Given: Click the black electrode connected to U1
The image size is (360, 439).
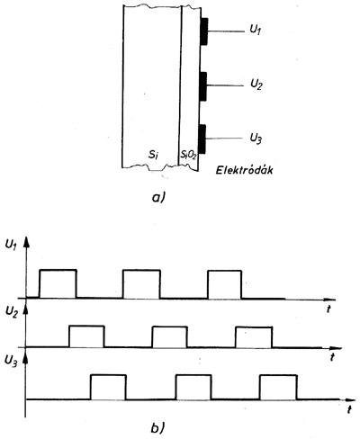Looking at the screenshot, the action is pyautogui.click(x=204, y=31).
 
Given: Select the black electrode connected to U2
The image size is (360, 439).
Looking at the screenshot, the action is pyautogui.click(x=203, y=86).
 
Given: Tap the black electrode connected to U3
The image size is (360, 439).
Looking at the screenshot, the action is pyautogui.click(x=202, y=139).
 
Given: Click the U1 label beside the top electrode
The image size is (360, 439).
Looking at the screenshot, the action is pyautogui.click(x=255, y=31).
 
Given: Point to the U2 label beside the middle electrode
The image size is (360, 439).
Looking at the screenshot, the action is pyautogui.click(x=256, y=85).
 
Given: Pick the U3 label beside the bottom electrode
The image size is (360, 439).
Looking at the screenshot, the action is pyautogui.click(x=256, y=139).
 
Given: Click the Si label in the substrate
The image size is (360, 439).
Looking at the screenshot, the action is pyautogui.click(x=153, y=155).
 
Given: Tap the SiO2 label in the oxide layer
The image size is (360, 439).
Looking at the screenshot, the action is pyautogui.click(x=188, y=155).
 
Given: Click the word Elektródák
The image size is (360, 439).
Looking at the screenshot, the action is pyautogui.click(x=245, y=170).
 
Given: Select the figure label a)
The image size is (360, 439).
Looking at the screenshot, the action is pyautogui.click(x=159, y=198).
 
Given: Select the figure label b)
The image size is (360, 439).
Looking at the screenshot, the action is pyautogui.click(x=157, y=428).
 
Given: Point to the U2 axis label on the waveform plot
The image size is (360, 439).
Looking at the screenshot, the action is pyautogui.click(x=12, y=312).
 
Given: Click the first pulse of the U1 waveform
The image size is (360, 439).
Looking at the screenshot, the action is pyautogui.click(x=58, y=270).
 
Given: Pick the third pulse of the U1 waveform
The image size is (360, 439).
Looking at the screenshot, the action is pyautogui.click(x=225, y=271).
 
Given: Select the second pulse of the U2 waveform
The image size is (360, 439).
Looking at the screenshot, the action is pyautogui.click(x=169, y=327).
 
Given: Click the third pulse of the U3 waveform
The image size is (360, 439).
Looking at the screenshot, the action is pyautogui.click(x=279, y=375).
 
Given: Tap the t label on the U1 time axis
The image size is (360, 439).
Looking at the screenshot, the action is pyautogui.click(x=328, y=309).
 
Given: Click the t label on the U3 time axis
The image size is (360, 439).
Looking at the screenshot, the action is pyautogui.click(x=349, y=409).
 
